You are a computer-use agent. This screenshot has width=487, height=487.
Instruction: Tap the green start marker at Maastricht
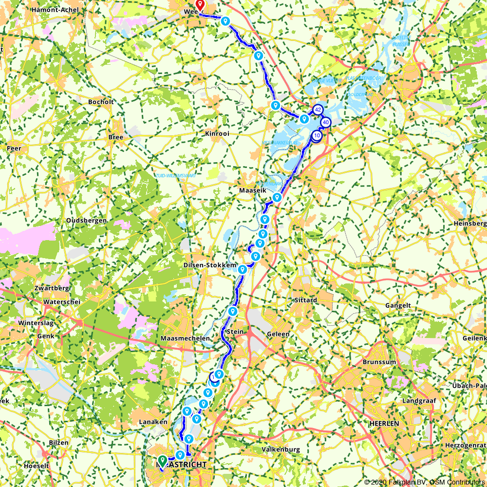point(163,460)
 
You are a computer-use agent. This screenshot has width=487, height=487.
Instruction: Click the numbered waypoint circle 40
point(326,122)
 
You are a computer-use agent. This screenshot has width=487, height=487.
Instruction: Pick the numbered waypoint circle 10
point(317,135)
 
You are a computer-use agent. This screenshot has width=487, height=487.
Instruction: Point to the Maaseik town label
point(253,190)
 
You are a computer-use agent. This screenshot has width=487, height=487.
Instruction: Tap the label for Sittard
point(306,300)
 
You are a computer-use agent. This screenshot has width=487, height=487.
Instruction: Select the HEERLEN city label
point(384,423)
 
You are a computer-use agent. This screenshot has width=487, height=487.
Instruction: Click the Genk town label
point(45,336)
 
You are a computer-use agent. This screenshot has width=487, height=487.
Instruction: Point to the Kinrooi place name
point(217,133)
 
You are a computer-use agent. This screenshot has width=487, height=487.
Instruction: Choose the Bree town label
point(116,138)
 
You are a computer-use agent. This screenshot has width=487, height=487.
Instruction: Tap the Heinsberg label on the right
point(470,223)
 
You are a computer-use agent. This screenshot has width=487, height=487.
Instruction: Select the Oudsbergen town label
point(86,221)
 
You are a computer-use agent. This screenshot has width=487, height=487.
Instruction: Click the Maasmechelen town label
point(181,338)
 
